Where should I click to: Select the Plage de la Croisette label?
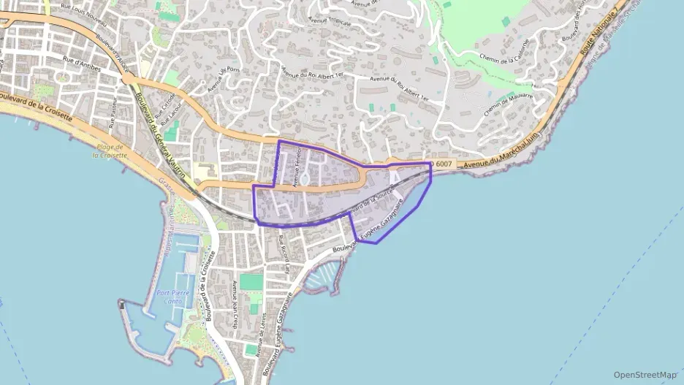110,152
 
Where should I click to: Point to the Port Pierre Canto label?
174,297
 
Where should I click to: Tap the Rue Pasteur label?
113,115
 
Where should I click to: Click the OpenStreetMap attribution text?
645,375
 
